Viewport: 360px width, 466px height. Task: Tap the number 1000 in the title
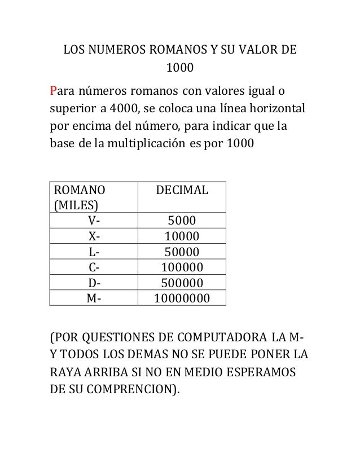click(179, 69)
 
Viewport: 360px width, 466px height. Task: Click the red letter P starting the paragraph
click(54, 91)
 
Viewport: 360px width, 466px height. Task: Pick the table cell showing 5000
click(183, 220)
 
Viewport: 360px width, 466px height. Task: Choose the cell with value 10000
click(183, 236)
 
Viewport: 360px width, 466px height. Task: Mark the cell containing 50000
click(183, 252)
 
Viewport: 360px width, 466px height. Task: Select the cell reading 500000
click(183, 282)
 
